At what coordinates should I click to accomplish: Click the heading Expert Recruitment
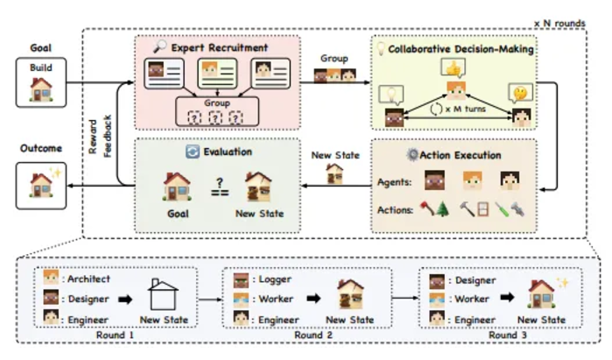click(x=226, y=47)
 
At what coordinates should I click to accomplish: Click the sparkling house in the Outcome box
click(x=41, y=182)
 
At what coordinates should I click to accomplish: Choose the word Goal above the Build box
click(x=38, y=51)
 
